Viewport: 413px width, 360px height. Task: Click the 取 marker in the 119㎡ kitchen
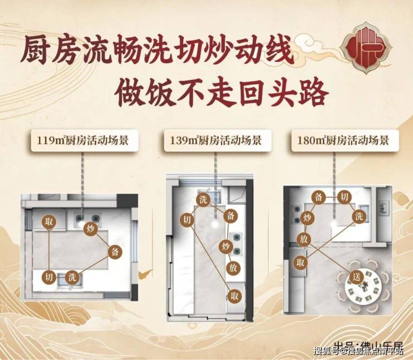[50, 222]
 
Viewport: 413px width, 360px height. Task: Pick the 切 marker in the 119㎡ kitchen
[49, 277]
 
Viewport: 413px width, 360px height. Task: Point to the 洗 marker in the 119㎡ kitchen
[71, 277]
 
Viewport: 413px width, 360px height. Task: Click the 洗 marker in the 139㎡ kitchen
[203, 200]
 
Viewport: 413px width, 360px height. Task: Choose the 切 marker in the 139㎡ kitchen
[185, 220]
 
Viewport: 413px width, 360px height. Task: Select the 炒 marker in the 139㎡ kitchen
[226, 246]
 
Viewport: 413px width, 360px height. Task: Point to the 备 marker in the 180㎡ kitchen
[320, 196]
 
